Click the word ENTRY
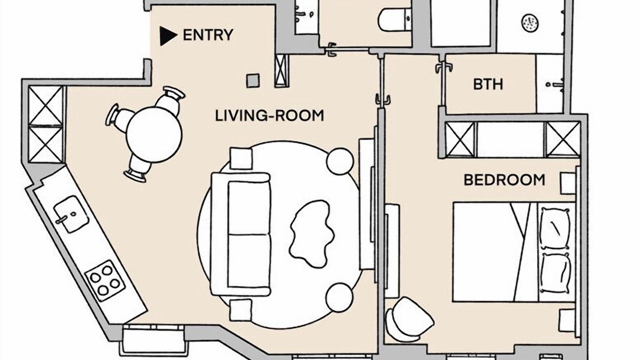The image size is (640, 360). [x=207, y=35]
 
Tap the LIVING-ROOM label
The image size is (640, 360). [x=269, y=115]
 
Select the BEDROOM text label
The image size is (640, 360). [x=504, y=180]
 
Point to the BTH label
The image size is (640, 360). [x=488, y=84]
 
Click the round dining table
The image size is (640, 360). [x=154, y=134]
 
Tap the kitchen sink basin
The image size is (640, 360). [x=71, y=213]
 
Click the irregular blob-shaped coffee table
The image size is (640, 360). [x=311, y=233]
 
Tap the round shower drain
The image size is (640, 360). [x=530, y=23]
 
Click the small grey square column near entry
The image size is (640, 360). [x=253, y=80]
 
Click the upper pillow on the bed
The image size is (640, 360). [x=554, y=228]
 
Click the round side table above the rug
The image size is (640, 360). [x=339, y=161]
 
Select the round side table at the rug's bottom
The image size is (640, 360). [x=339, y=297]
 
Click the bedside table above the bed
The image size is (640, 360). [x=567, y=183]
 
